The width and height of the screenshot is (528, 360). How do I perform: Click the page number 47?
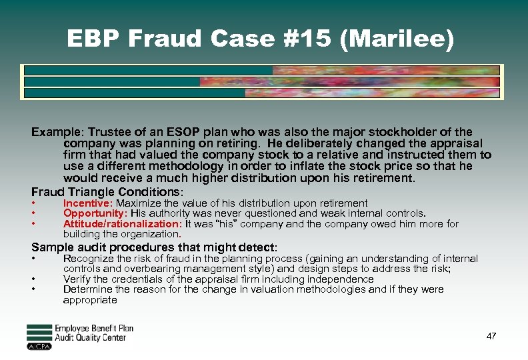pyautogui.click(x=491, y=336)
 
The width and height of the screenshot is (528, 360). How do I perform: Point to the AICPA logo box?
pyautogui.click(x=39, y=346)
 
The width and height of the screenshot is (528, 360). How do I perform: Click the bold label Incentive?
pyautogui.click(x=87, y=203)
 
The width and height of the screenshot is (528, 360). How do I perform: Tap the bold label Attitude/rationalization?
pyautogui.click(x=123, y=224)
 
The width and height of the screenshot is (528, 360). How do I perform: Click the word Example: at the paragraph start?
pyautogui.click(x=55, y=132)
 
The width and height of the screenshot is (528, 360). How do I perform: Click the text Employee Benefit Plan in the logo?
pyautogui.click(x=94, y=329)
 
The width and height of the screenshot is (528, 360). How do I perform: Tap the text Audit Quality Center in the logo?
pyautogui.click(x=90, y=338)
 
